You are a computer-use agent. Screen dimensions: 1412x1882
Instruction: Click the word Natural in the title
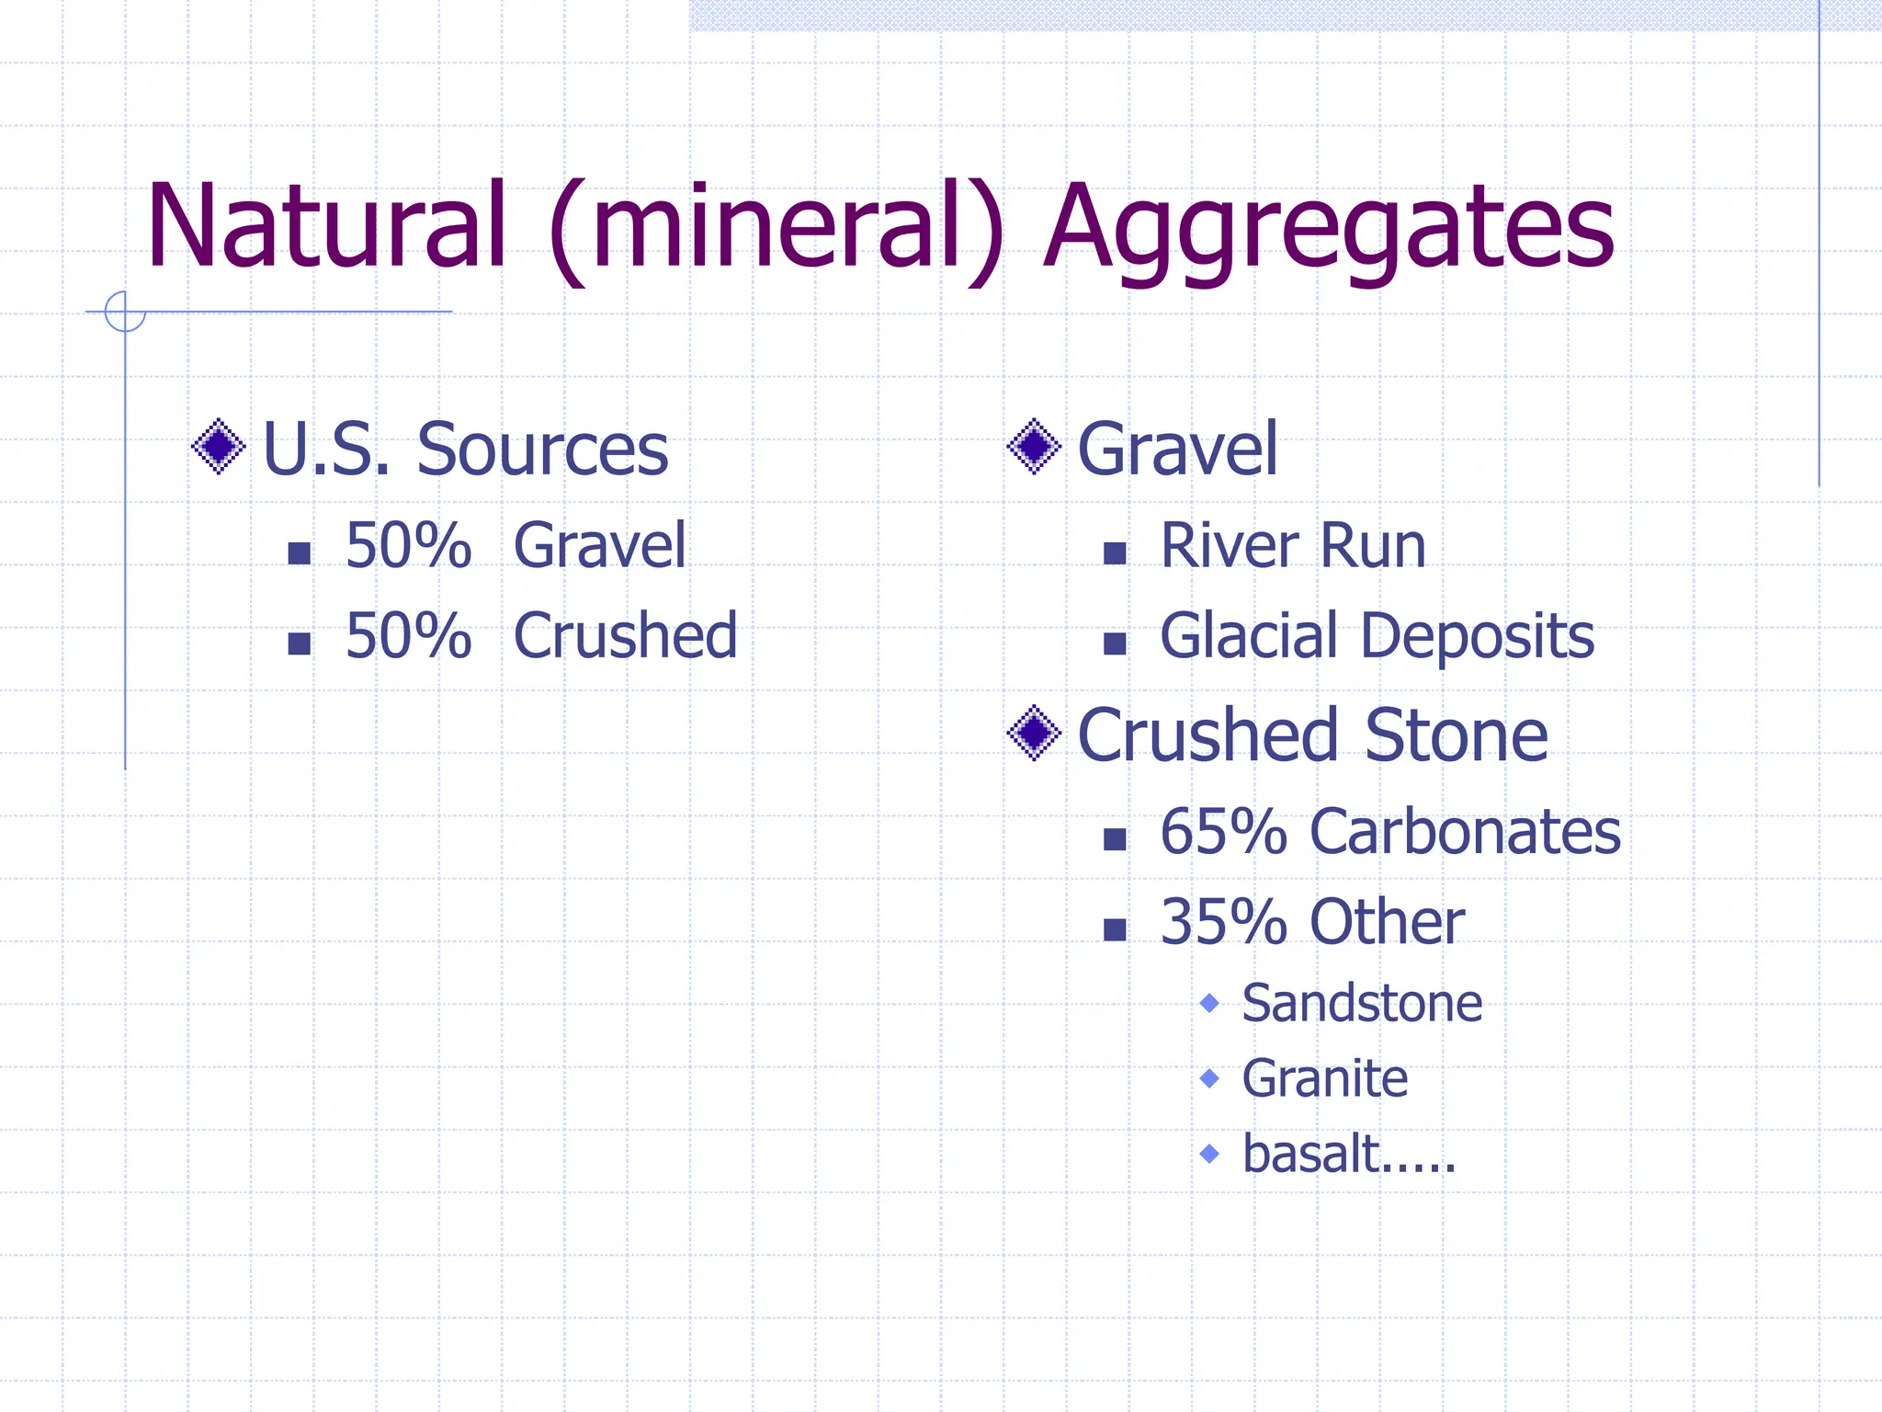pyautogui.click(x=326, y=226)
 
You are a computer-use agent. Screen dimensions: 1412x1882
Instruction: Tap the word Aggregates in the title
pyautogui.click(x=1329, y=230)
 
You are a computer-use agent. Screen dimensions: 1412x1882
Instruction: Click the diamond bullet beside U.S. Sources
pyautogui.click(x=219, y=447)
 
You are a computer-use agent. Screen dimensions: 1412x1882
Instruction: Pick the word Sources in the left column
pyautogui.click(x=542, y=450)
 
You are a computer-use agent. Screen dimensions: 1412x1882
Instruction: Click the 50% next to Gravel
pyautogui.click(x=408, y=545)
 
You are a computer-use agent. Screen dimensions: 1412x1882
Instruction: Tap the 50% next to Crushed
pyautogui.click(x=408, y=635)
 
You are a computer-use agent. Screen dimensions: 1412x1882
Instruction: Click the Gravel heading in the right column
pyautogui.click(x=1176, y=450)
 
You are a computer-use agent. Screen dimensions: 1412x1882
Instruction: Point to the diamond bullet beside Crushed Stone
pyautogui.click(x=1034, y=733)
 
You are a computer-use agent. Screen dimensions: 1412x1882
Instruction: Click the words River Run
pyautogui.click(x=1292, y=545)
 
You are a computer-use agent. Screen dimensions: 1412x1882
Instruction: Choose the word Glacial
pyautogui.click(x=1248, y=635)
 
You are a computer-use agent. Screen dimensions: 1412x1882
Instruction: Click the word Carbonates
pyautogui.click(x=1465, y=831)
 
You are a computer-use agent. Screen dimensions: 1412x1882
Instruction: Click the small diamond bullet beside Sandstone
pyautogui.click(x=1209, y=1002)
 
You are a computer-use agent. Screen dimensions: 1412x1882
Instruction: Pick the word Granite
pyautogui.click(x=1324, y=1078)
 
